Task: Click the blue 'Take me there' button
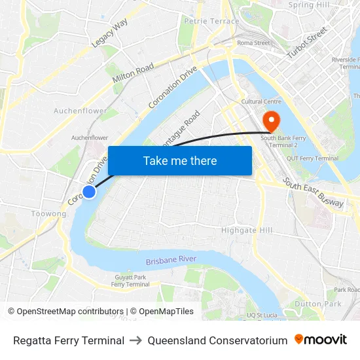(x=180, y=160)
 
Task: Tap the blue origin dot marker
(x=89, y=191)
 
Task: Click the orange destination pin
(x=270, y=120)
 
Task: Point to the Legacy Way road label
(x=110, y=33)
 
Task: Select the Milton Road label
(x=133, y=73)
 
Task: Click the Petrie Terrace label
(x=203, y=21)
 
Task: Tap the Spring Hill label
(x=309, y=5)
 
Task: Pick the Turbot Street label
(x=307, y=42)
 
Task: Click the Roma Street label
(x=253, y=43)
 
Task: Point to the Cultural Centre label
(x=261, y=101)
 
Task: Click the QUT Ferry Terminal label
(x=317, y=158)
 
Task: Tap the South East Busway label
(x=314, y=194)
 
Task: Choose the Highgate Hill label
(x=247, y=230)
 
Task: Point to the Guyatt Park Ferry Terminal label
(x=130, y=281)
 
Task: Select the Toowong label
(x=48, y=214)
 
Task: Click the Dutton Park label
(x=317, y=304)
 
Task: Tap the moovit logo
(x=321, y=340)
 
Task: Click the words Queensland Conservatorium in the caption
(x=217, y=340)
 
